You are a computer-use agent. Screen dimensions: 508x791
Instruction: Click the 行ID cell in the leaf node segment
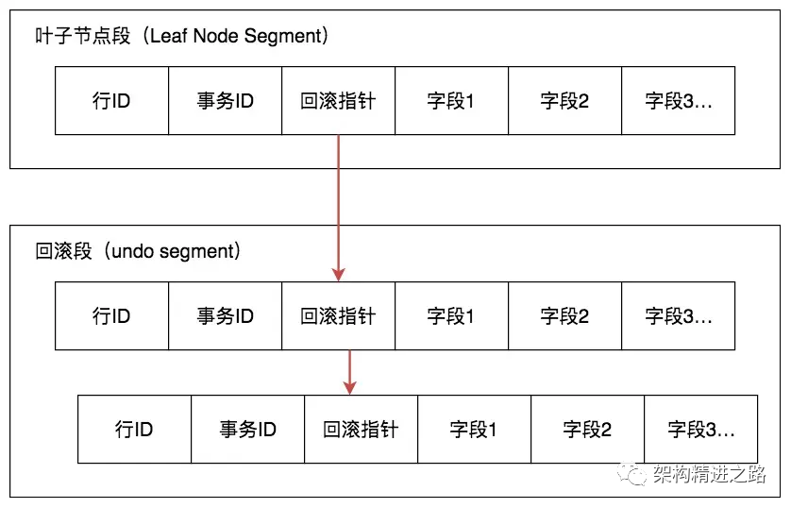111,101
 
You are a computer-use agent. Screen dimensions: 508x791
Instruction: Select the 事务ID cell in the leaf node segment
225,101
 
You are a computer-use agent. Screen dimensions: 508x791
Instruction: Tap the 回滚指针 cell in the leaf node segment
338,101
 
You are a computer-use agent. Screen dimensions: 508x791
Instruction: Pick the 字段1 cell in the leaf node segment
451,101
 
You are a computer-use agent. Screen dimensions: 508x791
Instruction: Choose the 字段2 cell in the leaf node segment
564,101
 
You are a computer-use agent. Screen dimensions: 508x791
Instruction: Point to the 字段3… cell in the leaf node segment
678,101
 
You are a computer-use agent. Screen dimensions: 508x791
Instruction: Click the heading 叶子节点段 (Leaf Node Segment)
180,37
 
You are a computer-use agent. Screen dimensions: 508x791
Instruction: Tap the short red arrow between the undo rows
350,372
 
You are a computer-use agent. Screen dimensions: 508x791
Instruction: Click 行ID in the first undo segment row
111,316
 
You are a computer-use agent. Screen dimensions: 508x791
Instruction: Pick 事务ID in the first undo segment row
225,316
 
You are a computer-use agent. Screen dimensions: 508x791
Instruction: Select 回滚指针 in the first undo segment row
338,316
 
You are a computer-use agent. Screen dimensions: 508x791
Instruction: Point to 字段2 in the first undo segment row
564,316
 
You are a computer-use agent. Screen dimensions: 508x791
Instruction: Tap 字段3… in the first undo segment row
678,316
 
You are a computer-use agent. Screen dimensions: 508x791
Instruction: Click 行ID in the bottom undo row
134,430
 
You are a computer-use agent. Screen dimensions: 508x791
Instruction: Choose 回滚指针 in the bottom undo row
361,430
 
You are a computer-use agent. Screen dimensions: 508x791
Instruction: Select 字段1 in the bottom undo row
474,430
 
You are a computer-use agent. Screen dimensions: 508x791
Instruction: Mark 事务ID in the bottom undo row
247,430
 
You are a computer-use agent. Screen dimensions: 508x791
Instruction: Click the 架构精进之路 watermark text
709,475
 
